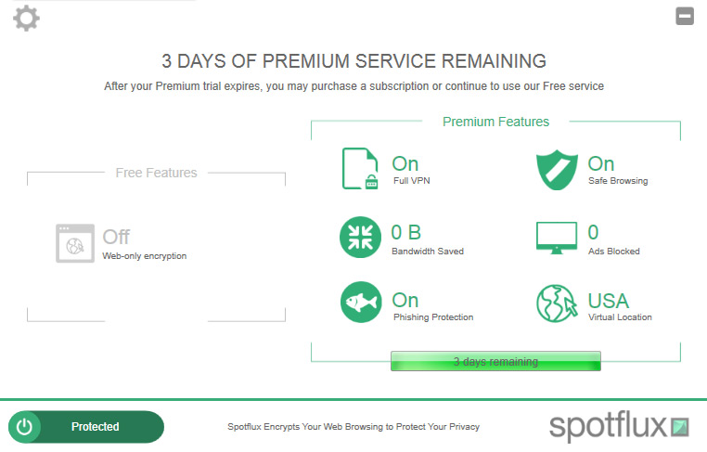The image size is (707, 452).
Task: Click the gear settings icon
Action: click(26, 19)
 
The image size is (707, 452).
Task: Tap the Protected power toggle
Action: click(86, 427)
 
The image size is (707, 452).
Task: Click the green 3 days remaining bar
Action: click(495, 361)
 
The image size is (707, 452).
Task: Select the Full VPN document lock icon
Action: click(360, 169)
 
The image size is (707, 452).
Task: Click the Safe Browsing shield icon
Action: click(557, 170)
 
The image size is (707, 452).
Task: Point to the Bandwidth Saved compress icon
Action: click(360, 238)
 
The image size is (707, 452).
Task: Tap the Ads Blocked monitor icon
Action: click(557, 238)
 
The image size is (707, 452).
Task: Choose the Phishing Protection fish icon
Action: click(361, 303)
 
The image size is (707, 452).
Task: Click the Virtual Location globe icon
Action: click(557, 303)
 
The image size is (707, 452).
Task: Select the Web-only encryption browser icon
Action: click(75, 243)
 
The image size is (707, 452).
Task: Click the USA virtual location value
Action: click(609, 301)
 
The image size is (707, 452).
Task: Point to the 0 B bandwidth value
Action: click(405, 233)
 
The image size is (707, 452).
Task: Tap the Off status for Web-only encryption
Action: click(116, 237)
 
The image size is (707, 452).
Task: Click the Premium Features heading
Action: click(495, 122)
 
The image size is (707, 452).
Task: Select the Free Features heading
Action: click(156, 173)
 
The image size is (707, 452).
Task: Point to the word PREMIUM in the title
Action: click(305, 61)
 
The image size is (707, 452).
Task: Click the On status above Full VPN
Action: click(405, 163)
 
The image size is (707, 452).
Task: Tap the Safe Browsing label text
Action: click(618, 181)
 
